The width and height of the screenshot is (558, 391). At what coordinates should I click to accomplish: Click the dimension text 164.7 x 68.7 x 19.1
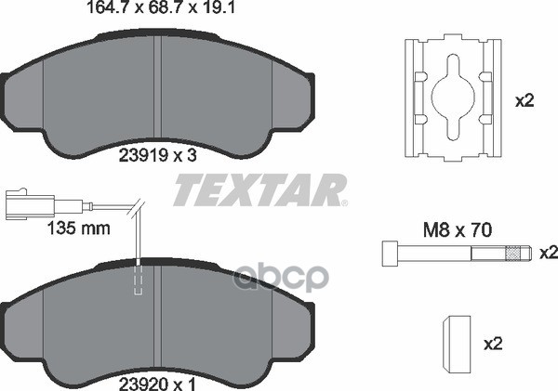(x=161, y=7)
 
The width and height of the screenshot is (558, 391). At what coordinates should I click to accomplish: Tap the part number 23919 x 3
(x=157, y=155)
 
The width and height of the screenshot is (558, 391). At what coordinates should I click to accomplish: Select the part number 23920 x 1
(x=157, y=384)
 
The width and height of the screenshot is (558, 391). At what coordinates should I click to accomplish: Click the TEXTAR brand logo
(x=260, y=189)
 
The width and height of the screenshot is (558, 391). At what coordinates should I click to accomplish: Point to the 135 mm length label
(x=79, y=228)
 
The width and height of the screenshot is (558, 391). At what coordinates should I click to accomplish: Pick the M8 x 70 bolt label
(x=457, y=230)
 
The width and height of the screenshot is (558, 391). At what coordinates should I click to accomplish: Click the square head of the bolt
(x=390, y=254)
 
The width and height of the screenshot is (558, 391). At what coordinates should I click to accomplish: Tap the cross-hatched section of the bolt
(x=512, y=254)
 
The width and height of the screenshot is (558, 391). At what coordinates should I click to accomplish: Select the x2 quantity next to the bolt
(x=549, y=253)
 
